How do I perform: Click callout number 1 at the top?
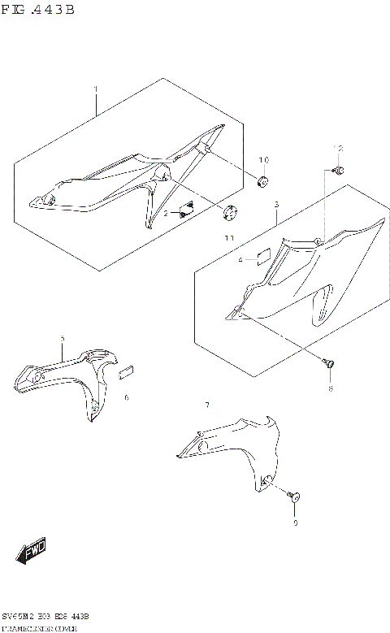tap(95, 89)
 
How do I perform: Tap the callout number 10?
tap(264, 159)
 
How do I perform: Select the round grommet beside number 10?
tap(263, 180)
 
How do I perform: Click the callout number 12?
tap(339, 149)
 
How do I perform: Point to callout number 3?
tap(276, 204)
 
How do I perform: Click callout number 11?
tap(230, 238)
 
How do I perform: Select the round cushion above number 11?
tap(231, 214)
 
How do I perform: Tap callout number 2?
tap(165, 214)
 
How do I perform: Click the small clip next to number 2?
tap(184, 209)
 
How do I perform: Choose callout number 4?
tap(240, 261)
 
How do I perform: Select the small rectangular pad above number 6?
tap(126, 375)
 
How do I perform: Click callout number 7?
tap(207, 404)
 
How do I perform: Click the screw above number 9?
tap(294, 496)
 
